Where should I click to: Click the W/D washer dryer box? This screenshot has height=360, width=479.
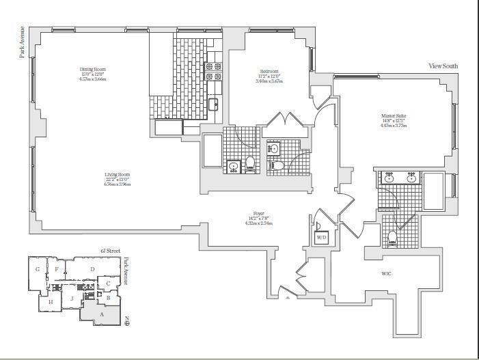320,238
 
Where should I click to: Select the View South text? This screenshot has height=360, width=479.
443,66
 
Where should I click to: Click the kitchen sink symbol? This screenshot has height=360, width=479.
213,104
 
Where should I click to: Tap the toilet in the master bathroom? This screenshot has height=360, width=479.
393,238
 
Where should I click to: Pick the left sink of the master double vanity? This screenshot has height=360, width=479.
389,178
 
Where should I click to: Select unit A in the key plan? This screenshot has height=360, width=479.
102,314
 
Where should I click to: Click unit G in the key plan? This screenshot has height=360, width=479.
37,269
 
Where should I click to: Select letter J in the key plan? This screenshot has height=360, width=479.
70,299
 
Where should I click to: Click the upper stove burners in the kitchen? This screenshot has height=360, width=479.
213,67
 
